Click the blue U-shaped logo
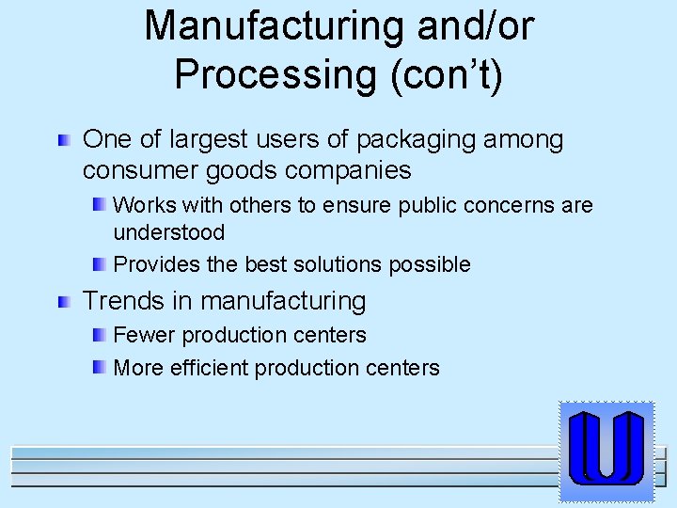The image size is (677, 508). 606,449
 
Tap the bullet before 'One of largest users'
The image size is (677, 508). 63,142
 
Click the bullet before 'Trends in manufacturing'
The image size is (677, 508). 63,302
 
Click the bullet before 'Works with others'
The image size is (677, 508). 99,204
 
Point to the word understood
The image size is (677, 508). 168,232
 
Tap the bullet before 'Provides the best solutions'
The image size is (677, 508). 99,263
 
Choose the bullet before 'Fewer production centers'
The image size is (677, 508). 99,334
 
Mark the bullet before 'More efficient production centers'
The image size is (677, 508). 99,366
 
